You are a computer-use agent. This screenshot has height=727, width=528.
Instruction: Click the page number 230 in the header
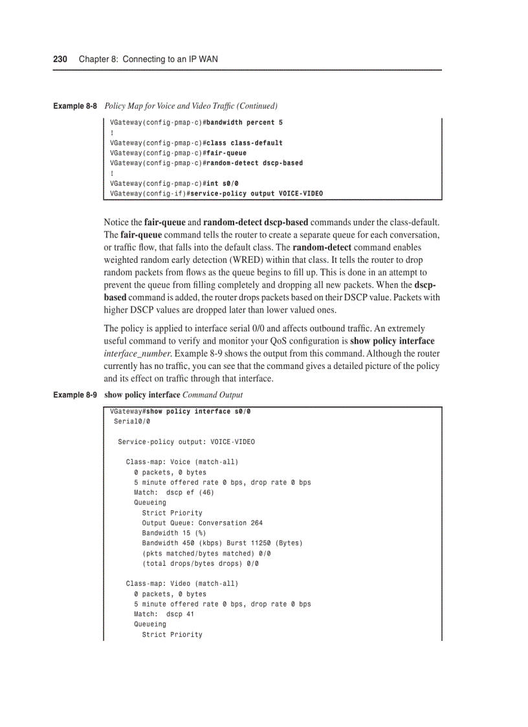60,59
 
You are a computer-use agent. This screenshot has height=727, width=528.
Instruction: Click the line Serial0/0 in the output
131,421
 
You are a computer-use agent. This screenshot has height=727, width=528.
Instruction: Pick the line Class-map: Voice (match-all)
182,462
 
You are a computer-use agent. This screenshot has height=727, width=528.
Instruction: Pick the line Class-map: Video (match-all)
182,584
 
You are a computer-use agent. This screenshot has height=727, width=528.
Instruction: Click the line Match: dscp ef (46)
174,493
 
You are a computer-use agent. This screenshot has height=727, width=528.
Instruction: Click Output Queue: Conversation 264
202,523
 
